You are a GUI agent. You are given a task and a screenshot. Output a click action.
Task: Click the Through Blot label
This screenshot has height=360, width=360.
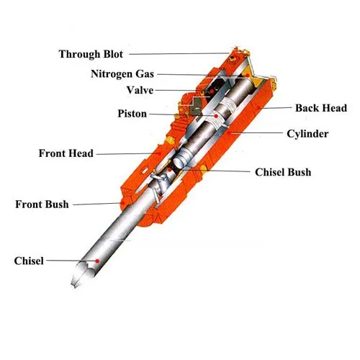tap(91, 54)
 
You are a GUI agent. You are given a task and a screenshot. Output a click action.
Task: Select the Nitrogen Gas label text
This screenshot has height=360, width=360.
tap(122, 74)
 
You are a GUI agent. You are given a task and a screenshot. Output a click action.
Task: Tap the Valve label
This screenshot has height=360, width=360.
tap(140, 90)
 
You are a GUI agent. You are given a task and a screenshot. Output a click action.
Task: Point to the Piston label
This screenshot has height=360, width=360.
tap(132, 114)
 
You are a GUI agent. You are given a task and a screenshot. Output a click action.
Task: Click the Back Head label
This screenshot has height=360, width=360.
tap(321, 108)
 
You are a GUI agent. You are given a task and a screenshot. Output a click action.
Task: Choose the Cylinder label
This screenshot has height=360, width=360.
tap(307, 134)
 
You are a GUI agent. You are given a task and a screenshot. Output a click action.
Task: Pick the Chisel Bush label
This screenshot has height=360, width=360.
tap(283, 172)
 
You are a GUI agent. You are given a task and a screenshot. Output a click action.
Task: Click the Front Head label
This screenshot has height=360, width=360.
tap(66, 153)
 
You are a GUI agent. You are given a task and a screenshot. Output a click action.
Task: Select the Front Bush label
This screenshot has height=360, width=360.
tap(42, 204)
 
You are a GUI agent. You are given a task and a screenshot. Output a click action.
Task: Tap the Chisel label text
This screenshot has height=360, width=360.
tap(29, 261)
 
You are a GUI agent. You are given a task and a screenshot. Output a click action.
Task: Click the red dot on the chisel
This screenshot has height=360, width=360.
tap(97, 261)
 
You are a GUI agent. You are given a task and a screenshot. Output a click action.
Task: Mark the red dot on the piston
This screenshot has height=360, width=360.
tap(216, 116)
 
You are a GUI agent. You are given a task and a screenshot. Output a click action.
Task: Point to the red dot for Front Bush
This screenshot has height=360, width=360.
tap(122, 203)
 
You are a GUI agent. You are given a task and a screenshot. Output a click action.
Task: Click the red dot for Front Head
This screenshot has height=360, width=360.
tap(158, 153)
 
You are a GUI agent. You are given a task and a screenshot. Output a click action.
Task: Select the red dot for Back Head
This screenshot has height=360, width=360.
tap(258, 108)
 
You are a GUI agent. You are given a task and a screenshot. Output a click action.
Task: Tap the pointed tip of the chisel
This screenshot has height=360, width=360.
tap(74, 286)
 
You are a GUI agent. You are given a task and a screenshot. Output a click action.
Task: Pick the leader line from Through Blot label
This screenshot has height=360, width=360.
tap(179, 53)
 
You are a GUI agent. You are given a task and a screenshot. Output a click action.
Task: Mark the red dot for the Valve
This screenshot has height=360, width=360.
tap(212, 91)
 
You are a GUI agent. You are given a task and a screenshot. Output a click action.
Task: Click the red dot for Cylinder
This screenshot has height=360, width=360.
tap(229, 132)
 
